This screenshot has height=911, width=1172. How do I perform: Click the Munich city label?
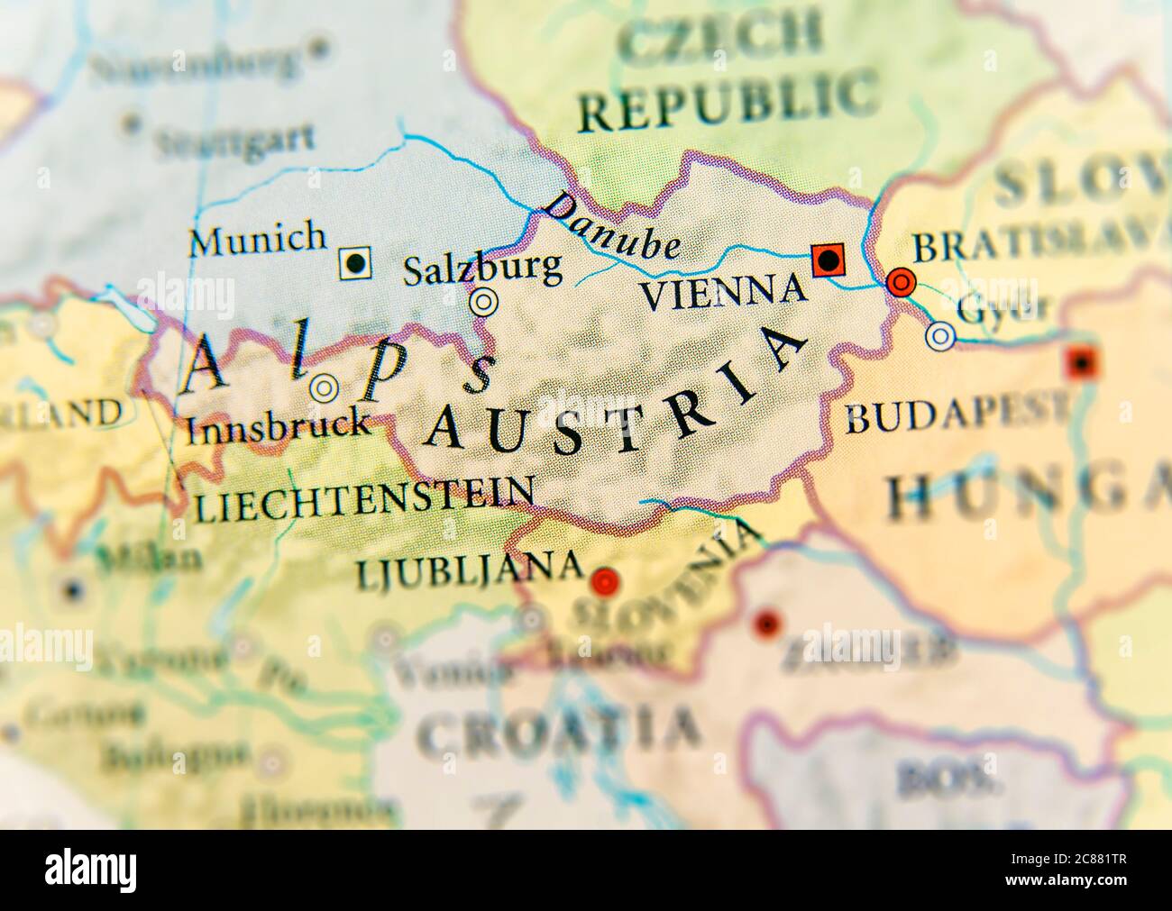point(257,239)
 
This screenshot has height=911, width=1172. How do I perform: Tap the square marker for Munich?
point(356,263)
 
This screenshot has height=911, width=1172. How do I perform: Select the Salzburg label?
point(482,268)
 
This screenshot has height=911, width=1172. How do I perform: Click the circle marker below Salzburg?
point(483,302)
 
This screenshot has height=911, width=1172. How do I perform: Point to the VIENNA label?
point(721,290)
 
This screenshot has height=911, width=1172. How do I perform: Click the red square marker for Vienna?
point(828,260)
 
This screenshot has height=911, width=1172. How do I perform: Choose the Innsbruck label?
point(278,425)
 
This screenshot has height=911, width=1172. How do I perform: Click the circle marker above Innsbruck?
point(323,389)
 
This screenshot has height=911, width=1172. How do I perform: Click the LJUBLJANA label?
point(469,569)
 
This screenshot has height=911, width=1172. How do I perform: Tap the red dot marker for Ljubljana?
point(604,581)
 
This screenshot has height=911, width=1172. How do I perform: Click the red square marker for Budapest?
point(1080,362)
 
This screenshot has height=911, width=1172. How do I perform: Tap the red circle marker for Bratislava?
point(901,283)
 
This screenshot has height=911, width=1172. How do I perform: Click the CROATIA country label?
point(559,730)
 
